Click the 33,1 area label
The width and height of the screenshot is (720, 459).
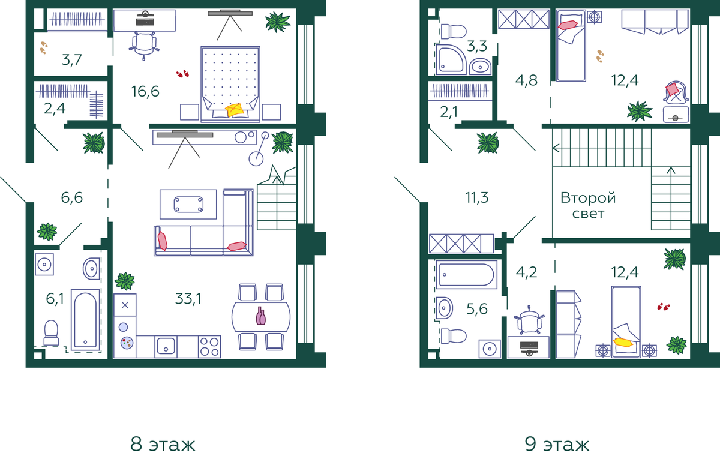[188, 299]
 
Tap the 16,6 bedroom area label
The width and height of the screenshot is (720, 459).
[145, 92]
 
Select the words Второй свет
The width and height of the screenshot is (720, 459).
[588, 205]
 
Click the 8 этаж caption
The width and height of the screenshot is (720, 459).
[163, 444]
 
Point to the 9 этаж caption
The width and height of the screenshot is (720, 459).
[557, 444]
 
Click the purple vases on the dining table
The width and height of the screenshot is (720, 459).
[260, 316]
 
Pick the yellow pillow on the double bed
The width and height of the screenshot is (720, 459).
[235, 110]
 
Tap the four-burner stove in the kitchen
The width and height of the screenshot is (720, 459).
[209, 347]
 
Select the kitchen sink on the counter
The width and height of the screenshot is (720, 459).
[166, 347]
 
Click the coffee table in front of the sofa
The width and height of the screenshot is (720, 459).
[188, 205]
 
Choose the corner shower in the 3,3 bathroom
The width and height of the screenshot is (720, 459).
[451, 60]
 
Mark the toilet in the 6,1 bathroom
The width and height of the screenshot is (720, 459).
[51, 332]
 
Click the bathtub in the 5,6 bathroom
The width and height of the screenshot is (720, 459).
[466, 275]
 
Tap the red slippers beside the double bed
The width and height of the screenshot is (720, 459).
[182, 74]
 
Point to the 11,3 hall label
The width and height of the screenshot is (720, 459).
[476, 197]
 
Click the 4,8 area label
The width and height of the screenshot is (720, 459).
[526, 80]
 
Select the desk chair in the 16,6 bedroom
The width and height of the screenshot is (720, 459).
[144, 46]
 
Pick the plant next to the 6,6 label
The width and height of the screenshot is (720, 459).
[47, 232]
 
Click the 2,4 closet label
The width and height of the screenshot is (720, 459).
[55, 109]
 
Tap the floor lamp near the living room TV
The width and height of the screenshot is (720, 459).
[259, 149]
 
